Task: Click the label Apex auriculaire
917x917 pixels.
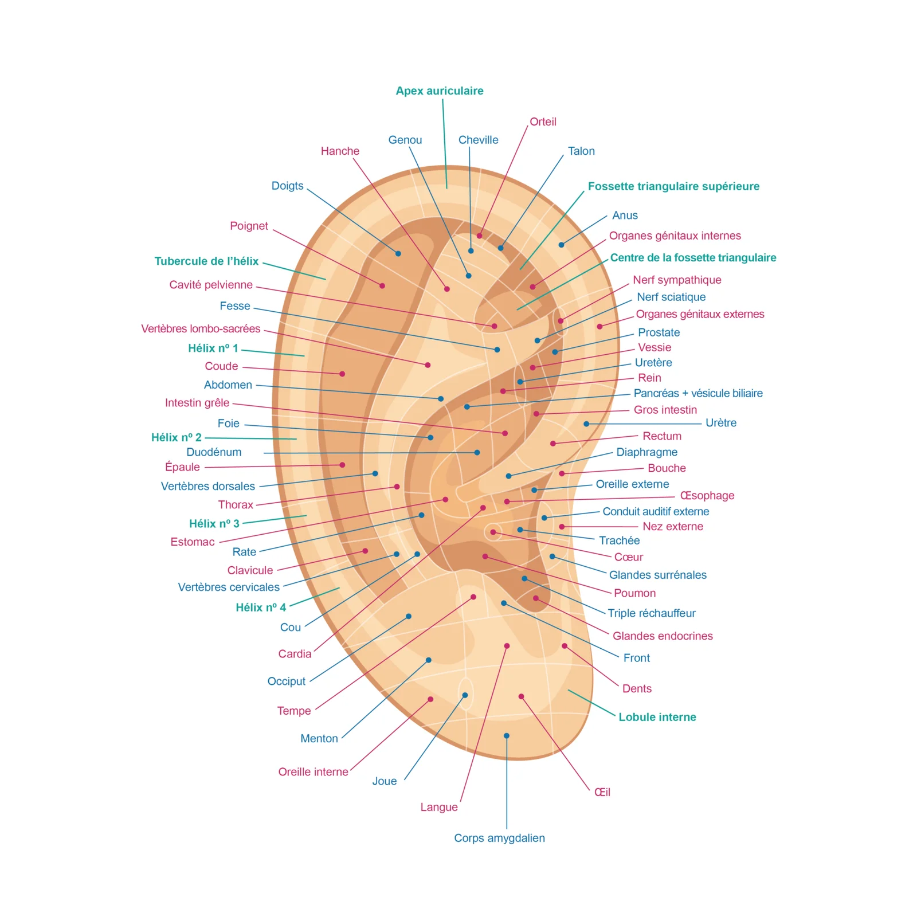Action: pos(440,91)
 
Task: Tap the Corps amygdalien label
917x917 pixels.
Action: pos(499,838)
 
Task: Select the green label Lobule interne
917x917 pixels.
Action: pos(657,717)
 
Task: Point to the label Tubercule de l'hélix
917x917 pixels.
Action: pos(206,261)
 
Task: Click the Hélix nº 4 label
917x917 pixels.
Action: pos(261,608)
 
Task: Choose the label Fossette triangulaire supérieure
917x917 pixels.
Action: pos(673,186)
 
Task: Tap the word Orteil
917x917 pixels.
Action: pos(543,122)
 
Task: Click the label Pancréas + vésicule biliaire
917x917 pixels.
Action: pos(698,393)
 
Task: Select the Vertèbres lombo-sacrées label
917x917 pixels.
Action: pos(201,328)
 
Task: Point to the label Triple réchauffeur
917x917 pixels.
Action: pos(652,613)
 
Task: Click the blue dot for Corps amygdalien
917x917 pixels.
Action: pos(507,736)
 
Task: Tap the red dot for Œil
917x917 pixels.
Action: pos(521,696)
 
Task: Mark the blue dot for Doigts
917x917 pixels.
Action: pos(398,253)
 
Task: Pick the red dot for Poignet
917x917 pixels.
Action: pos(382,285)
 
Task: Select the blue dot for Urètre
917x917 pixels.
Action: pos(586,424)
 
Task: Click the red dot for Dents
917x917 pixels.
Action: pos(565,646)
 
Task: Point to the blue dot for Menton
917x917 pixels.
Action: pos(429,660)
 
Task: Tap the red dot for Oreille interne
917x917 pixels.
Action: pos(430,699)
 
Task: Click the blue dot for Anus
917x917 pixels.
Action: pos(562,245)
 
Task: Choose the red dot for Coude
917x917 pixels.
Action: pos(342,374)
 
